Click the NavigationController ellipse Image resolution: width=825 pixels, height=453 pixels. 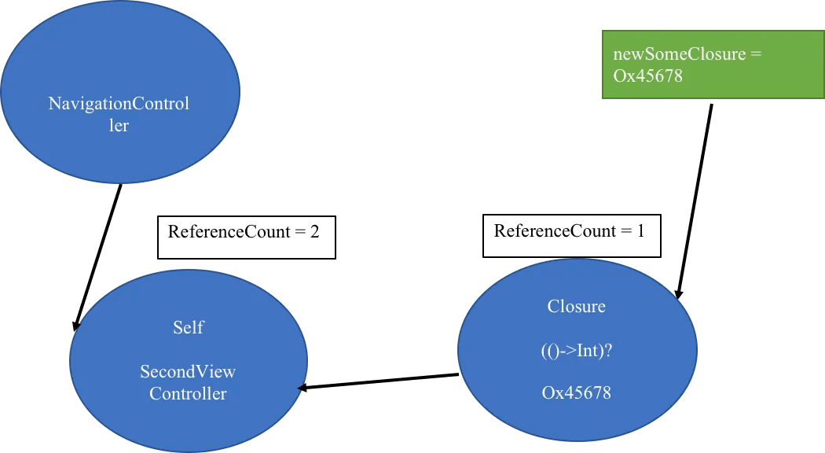(120, 92)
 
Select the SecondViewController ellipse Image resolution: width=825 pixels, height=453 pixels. (189, 361)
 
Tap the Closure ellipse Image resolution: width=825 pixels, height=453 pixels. (577, 350)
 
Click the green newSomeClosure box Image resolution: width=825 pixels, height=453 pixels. (713, 64)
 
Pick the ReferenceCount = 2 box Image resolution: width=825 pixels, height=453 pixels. (246, 237)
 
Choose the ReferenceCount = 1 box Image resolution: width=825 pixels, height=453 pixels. (571, 235)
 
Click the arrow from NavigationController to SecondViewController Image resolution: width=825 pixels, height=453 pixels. (98, 257)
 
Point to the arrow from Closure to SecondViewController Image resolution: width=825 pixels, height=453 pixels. (378, 381)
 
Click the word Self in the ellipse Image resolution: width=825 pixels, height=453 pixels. (189, 328)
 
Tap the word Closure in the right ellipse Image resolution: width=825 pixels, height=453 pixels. (576, 306)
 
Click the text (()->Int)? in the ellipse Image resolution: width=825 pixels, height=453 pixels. (577, 350)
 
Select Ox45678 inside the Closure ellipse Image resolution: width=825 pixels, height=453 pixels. (577, 392)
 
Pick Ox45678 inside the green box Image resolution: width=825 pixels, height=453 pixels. (647, 75)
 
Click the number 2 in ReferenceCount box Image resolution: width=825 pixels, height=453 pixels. (314, 232)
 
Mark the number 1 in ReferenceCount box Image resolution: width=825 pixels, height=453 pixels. (640, 230)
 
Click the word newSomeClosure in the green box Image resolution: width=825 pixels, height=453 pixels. (680, 53)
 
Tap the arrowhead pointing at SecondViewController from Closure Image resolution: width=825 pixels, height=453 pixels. (302, 388)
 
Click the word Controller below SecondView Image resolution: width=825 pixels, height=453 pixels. (188, 393)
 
